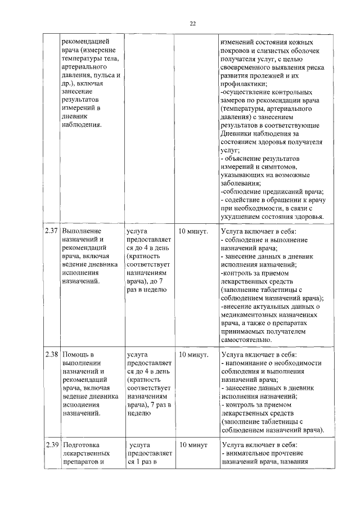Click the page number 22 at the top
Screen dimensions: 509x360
point(192,23)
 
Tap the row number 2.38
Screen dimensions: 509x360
point(51,355)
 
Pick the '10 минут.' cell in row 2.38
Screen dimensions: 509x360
point(193,355)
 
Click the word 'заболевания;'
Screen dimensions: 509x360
point(241,183)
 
